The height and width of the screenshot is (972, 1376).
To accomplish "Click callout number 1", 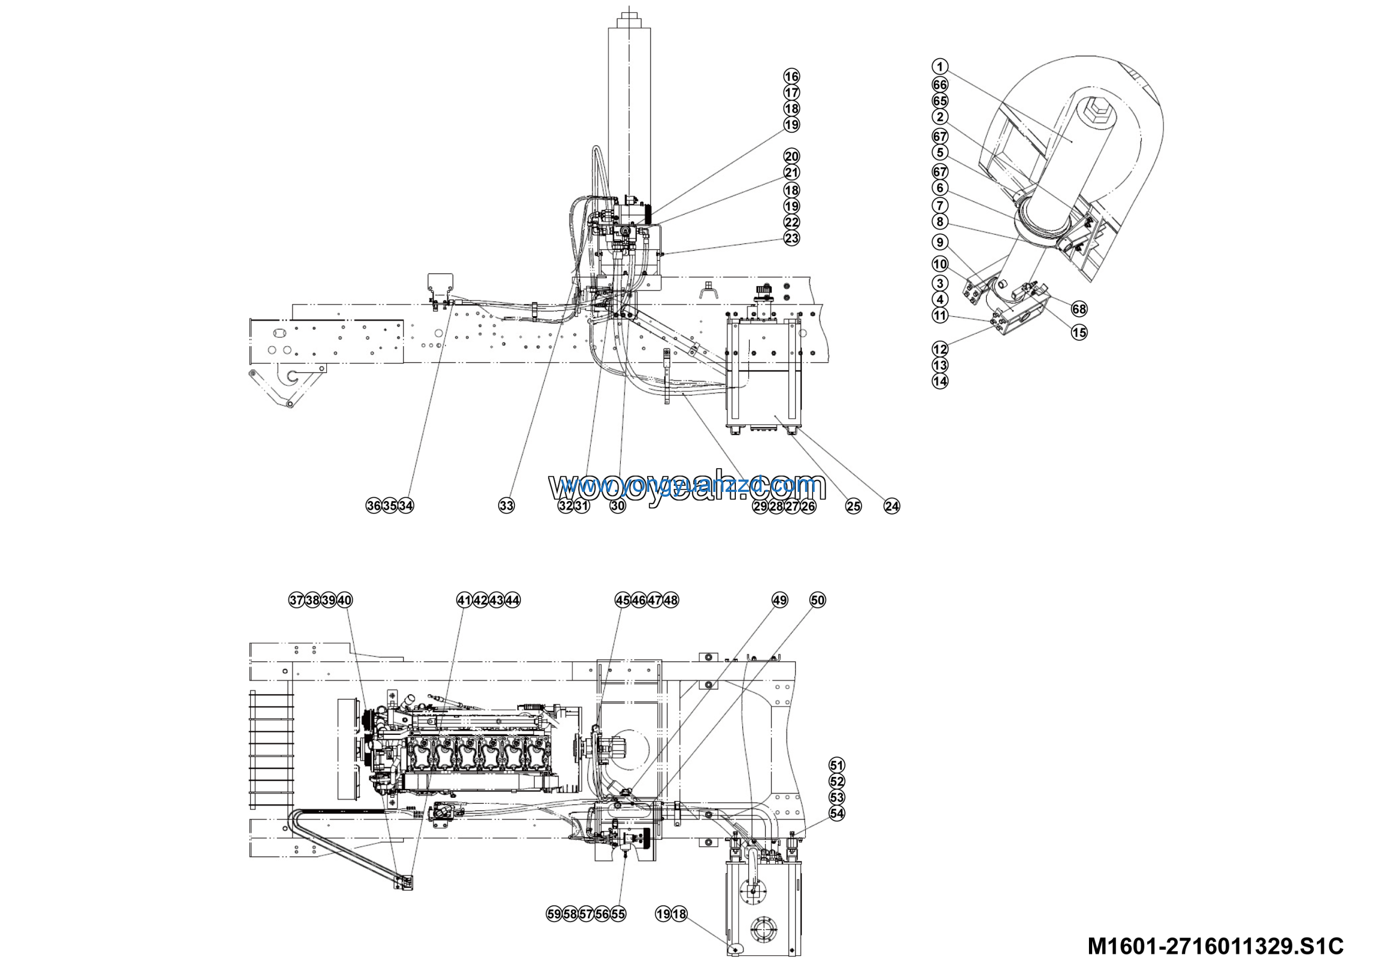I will (940, 67).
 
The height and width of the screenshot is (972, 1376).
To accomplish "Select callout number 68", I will (1079, 309).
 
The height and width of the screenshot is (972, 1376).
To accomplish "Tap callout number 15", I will (1079, 332).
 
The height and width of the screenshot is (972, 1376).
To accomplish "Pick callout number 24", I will (892, 506).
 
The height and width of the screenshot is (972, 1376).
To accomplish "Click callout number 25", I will (853, 506).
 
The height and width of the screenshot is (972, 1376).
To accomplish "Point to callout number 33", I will (506, 506).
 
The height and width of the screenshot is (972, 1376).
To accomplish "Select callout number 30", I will (618, 506).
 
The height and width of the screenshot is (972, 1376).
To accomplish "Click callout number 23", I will (792, 238).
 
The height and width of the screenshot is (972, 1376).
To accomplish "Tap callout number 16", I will (792, 76).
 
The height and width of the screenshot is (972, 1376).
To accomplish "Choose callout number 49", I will (780, 600).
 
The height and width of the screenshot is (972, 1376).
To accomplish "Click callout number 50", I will (818, 600).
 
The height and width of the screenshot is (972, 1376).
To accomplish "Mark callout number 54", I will (837, 813).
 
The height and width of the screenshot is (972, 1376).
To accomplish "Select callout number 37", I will (296, 600).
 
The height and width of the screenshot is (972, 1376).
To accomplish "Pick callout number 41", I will (464, 600).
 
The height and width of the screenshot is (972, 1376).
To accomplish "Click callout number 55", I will (618, 914).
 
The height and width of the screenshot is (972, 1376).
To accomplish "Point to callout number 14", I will (940, 381).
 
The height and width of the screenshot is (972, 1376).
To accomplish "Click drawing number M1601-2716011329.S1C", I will (1215, 946).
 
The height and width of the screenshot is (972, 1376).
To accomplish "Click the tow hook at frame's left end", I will (292, 376).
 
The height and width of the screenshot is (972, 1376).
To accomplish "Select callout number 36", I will (374, 506).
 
